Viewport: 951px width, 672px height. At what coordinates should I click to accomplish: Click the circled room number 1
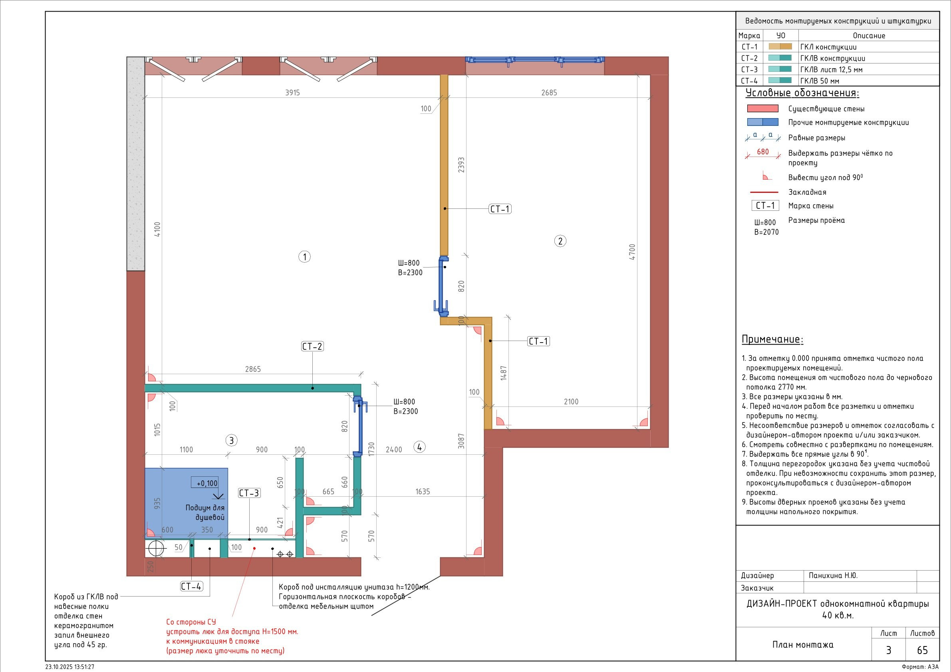[x=304, y=257]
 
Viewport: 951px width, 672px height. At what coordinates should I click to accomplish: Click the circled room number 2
[x=560, y=241]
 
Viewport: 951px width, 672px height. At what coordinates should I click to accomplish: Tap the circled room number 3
[x=232, y=440]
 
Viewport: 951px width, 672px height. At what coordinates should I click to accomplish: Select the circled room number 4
[x=420, y=447]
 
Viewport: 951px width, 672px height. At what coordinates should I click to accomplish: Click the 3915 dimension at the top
[x=292, y=93]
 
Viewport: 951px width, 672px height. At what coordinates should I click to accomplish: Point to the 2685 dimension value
[x=549, y=93]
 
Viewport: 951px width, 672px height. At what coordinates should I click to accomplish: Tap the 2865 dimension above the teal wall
[x=253, y=369]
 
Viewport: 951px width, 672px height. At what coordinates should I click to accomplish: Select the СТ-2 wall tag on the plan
[x=312, y=346]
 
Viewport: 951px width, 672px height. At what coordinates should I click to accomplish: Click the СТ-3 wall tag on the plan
[x=249, y=493]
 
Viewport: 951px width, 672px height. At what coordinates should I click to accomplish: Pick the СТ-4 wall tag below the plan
[x=192, y=586]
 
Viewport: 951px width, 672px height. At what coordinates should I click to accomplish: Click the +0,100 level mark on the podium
[x=206, y=483]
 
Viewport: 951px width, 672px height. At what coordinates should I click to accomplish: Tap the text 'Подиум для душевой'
[x=204, y=513]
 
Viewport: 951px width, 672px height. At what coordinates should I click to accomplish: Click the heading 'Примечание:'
[x=772, y=339]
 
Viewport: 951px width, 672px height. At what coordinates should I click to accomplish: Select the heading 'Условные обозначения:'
[x=802, y=93]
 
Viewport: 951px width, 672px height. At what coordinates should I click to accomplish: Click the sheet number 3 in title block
[x=888, y=650]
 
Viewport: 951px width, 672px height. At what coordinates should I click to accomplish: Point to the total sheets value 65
[x=922, y=650]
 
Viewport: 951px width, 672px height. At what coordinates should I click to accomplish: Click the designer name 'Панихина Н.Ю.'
[x=833, y=575]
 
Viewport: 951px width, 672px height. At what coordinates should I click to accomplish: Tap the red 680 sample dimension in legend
[x=763, y=152]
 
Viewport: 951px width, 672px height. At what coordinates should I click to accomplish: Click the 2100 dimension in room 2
[x=571, y=401]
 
